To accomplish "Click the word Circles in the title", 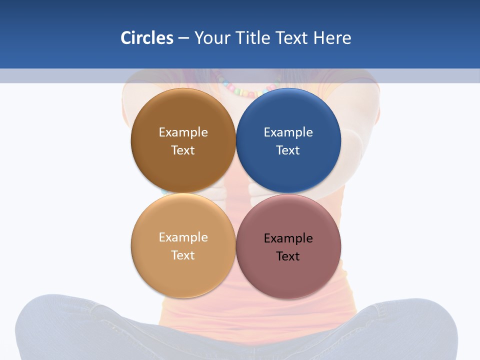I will [x=147, y=38].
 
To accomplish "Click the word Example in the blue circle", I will [x=288, y=132].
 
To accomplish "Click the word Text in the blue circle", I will [x=288, y=150].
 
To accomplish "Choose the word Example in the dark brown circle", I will [x=183, y=132].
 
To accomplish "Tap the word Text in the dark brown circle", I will [x=183, y=150].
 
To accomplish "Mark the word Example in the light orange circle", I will [x=183, y=237].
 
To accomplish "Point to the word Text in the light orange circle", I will [x=183, y=255].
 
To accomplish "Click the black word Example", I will [x=288, y=238].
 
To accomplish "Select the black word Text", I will [x=288, y=256].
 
